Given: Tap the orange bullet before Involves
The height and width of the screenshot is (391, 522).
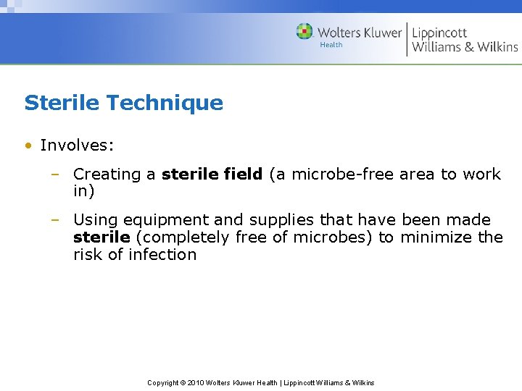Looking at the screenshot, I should click(28, 146).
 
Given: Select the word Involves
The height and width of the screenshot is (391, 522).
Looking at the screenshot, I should click(77, 146).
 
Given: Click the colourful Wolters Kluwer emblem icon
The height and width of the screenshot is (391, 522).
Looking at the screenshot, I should click(304, 32).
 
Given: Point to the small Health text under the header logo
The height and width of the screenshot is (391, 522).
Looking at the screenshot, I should click(331, 45).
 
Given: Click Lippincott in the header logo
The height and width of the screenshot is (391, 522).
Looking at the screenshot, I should click(439, 32).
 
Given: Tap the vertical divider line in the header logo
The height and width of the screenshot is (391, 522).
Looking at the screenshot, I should click(407, 38).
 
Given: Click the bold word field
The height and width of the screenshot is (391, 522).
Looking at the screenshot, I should click(241, 175).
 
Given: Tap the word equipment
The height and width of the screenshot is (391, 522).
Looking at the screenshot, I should click(161, 220).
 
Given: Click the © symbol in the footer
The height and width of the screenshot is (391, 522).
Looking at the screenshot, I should click(182, 382).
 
